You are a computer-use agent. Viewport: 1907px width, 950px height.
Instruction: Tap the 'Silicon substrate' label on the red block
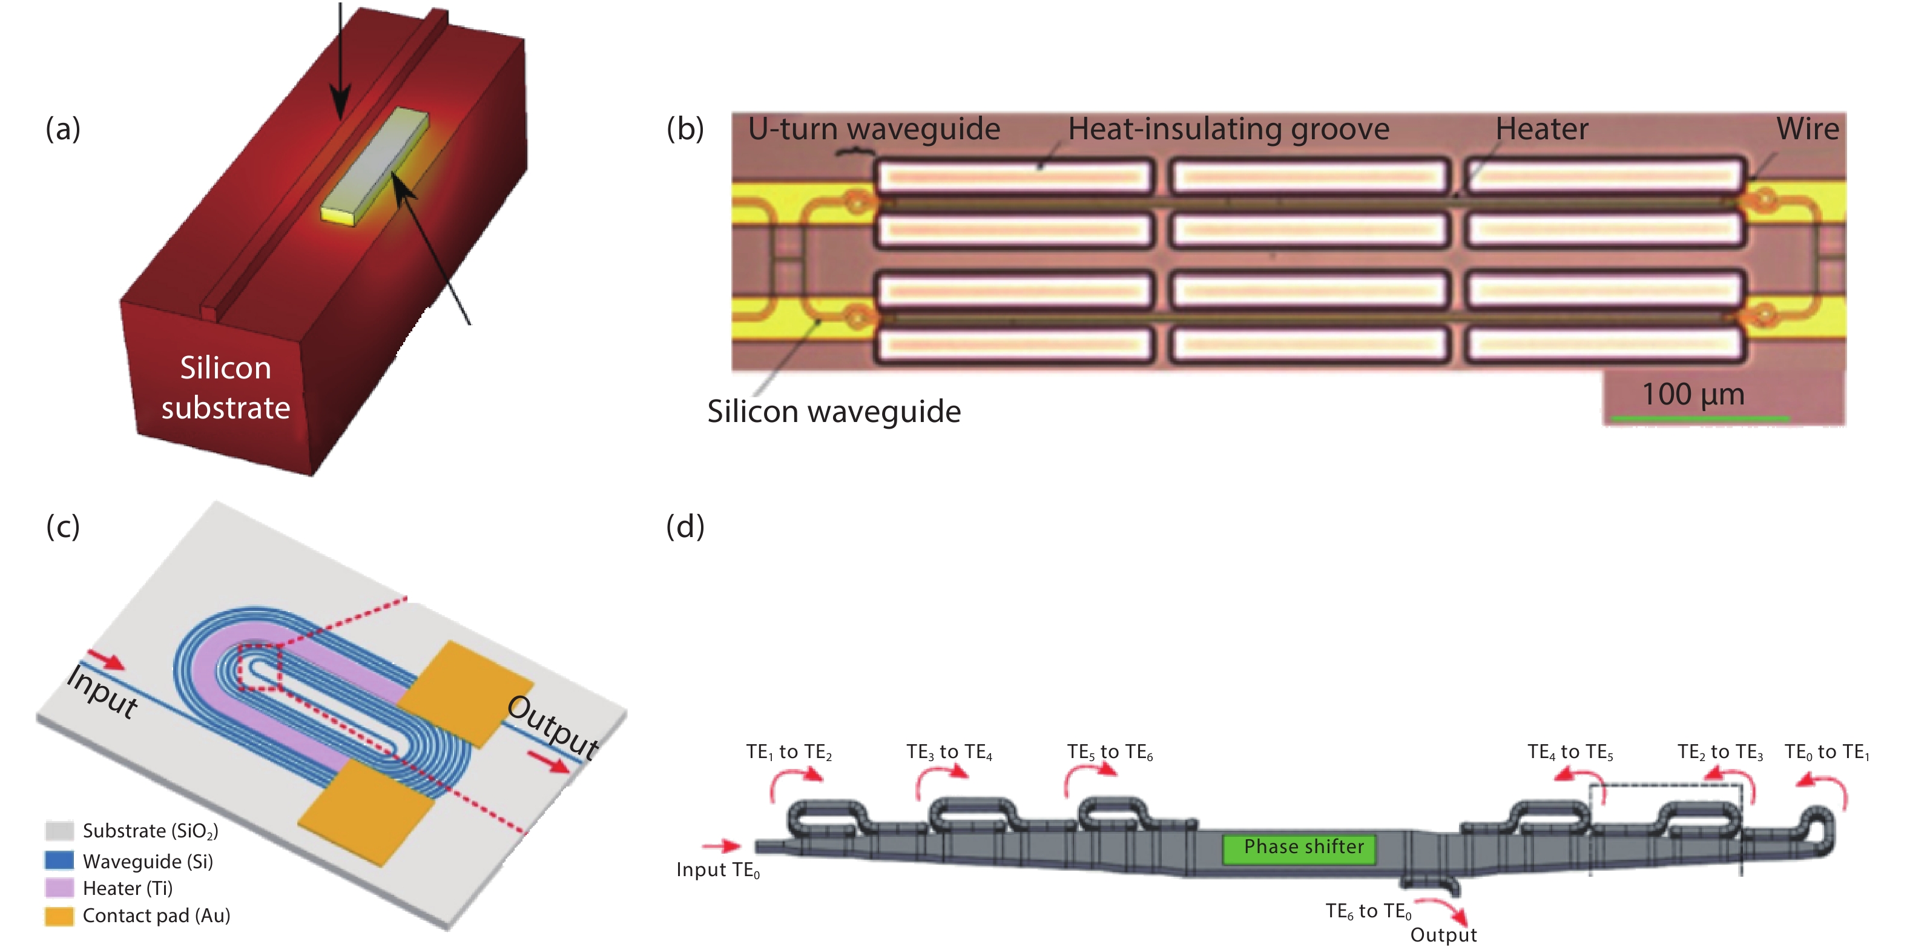coord(226,388)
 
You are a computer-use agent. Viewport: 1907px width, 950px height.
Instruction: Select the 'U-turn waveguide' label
coord(874,129)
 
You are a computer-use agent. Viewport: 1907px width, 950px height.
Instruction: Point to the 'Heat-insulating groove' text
coord(1228,129)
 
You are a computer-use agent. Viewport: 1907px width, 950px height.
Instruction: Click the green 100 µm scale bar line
coord(1700,419)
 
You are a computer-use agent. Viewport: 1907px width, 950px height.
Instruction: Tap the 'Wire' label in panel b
coord(1807,129)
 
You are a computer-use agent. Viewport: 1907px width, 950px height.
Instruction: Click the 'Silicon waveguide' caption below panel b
coord(834,411)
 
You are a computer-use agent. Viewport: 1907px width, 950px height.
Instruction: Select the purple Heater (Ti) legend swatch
coord(59,888)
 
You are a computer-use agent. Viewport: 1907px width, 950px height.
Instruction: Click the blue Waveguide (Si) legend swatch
coord(59,860)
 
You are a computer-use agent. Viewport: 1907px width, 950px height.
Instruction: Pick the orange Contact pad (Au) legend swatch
coord(59,916)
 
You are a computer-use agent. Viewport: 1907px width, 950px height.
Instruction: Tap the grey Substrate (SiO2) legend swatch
coord(59,831)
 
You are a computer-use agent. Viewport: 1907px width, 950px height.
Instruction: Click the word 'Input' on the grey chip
coord(102,691)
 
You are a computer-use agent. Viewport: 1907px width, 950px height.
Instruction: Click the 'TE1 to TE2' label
coord(788,752)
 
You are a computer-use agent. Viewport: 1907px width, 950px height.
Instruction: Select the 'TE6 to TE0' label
coord(1368,911)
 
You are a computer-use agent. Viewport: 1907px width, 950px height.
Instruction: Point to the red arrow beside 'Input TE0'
coord(720,846)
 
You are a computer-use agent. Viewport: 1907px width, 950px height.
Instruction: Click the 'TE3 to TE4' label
coord(949,752)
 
